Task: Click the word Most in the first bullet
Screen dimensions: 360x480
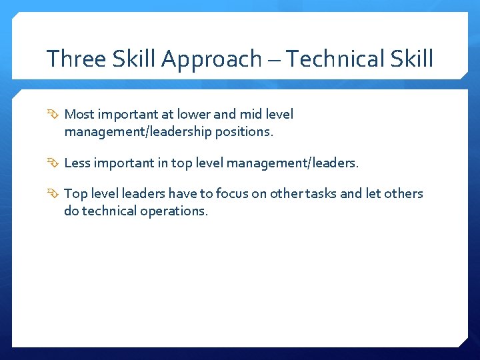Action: [x=79, y=115]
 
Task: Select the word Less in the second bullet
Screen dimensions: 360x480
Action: [x=77, y=163]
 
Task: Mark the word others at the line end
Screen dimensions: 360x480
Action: [x=404, y=194]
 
